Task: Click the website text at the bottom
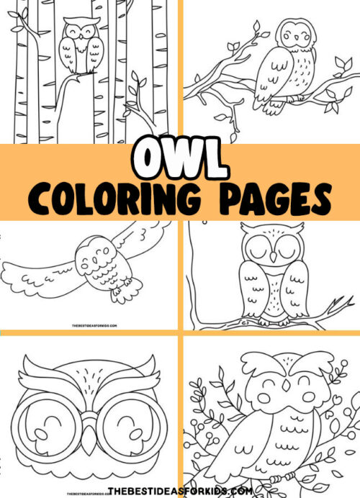point(179,490)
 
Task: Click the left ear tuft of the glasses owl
point(40,366)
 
